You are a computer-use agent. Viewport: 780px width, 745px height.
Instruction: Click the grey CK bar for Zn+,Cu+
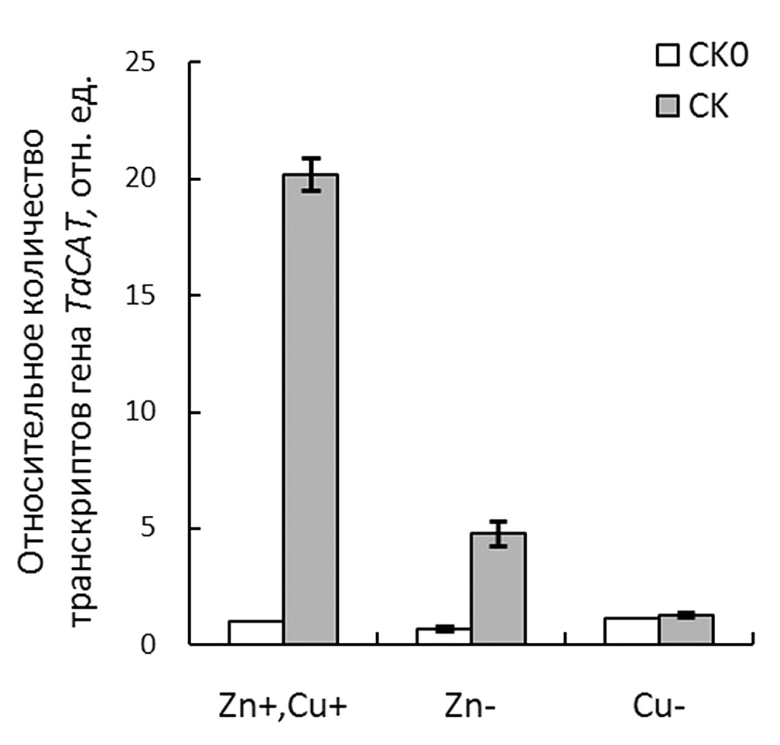pyautogui.click(x=310, y=409)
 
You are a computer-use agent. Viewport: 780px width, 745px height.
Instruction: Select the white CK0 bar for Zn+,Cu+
pyautogui.click(x=256, y=632)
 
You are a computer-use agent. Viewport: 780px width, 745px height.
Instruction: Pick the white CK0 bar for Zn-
pyautogui.click(x=444, y=636)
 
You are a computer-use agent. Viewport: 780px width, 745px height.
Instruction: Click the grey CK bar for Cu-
pyautogui.click(x=686, y=629)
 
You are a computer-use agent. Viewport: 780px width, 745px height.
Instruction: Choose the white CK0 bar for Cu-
pyautogui.click(x=631, y=631)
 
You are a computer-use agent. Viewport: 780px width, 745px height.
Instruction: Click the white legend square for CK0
pyautogui.click(x=666, y=56)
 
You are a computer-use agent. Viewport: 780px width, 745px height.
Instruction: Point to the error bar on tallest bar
pyautogui.click(x=310, y=174)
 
